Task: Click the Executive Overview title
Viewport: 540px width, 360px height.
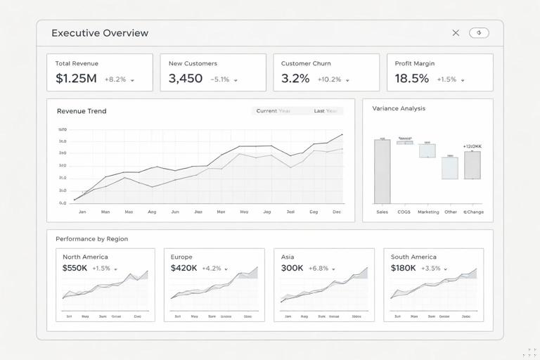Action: point(100,33)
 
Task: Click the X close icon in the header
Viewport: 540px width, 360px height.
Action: point(456,33)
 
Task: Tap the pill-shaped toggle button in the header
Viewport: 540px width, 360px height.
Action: point(479,33)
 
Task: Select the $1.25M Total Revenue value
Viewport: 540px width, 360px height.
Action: point(76,79)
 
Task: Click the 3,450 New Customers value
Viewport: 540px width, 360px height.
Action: point(186,79)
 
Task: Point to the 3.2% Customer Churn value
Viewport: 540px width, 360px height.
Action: point(295,79)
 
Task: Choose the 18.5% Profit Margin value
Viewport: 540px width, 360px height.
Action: point(411,79)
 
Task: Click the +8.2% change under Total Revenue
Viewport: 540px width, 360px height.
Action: point(115,79)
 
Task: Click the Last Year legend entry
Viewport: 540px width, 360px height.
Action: point(326,111)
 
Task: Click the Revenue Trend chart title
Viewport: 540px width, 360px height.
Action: point(82,111)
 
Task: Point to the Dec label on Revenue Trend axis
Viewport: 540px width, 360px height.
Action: point(337,212)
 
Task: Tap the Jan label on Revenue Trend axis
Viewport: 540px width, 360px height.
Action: point(82,212)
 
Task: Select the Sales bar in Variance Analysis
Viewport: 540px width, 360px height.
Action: point(382,171)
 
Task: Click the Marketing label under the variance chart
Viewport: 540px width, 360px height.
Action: point(428,212)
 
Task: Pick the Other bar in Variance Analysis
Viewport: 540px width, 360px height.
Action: point(450,168)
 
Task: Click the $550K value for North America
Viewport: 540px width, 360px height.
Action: point(75,269)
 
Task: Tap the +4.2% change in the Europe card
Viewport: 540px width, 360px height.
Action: point(212,269)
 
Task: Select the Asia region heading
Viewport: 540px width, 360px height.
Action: point(288,257)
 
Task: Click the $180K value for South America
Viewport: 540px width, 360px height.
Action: point(404,269)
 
